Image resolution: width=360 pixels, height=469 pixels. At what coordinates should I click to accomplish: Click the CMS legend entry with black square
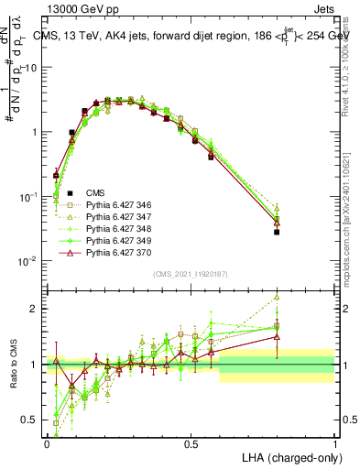pyautogui.click(x=94, y=191)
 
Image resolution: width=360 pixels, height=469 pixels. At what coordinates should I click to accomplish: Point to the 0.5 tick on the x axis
pyautogui.click(x=191, y=442)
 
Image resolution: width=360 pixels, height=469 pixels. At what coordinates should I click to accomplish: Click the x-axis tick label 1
pyautogui.click(x=335, y=442)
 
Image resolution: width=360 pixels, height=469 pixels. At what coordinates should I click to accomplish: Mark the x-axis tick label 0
pyautogui.click(x=47, y=442)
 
